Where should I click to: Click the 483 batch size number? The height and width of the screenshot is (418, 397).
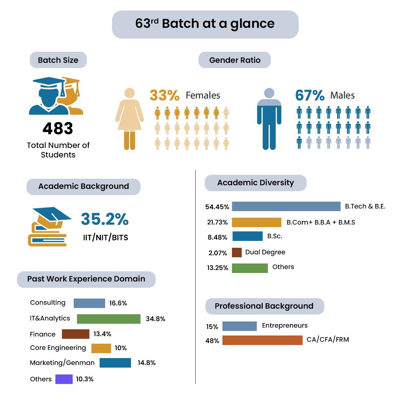pyautogui.click(x=58, y=128)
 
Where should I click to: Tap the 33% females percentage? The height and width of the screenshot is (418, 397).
pyautogui.click(x=164, y=95)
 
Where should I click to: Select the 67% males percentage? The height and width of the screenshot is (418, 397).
pyautogui.click(x=310, y=95)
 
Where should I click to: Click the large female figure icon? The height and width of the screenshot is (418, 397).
pyautogui.click(x=129, y=119)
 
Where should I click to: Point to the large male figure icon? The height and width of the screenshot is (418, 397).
pyautogui.click(x=269, y=119)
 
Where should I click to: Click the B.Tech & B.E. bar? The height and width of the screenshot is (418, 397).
pyautogui.click(x=286, y=207)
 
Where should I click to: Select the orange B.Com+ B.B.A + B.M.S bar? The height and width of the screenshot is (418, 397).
pyautogui.click(x=256, y=222)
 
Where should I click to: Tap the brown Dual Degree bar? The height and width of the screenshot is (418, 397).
pyautogui.click(x=237, y=253)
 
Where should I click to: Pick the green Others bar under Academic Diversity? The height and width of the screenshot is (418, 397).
pyautogui.click(x=250, y=268)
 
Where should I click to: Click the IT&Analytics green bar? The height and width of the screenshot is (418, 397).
pyautogui.click(x=109, y=319)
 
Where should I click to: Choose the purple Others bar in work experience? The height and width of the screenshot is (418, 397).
pyautogui.click(x=64, y=379)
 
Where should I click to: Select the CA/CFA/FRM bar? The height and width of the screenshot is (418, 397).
pyautogui.click(x=262, y=340)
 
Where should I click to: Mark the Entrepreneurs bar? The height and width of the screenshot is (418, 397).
pyautogui.click(x=239, y=326)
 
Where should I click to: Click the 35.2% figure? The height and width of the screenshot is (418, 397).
pyautogui.click(x=105, y=219)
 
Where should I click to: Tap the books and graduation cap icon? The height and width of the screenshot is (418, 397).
pyautogui.click(x=49, y=227)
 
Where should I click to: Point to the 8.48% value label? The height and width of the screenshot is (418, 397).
pyautogui.click(x=217, y=237)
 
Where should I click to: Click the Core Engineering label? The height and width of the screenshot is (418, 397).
pyautogui.click(x=58, y=348)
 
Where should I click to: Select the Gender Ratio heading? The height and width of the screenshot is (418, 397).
pyautogui.click(x=235, y=60)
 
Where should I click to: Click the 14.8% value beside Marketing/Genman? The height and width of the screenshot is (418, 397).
pyautogui.click(x=147, y=363)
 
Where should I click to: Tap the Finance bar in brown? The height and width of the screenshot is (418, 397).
pyautogui.click(x=76, y=334)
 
